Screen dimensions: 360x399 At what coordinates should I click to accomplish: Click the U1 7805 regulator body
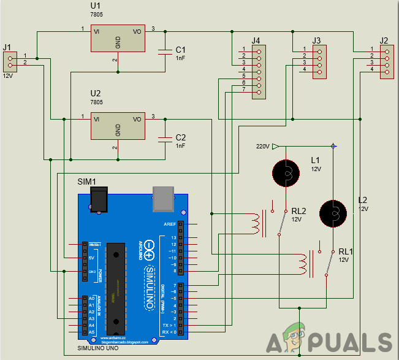[118, 38]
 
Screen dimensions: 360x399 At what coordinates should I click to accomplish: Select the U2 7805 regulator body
[118, 126]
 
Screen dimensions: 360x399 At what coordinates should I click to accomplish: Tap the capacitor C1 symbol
[164, 52]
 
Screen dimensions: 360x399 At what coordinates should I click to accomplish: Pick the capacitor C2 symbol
[164, 139]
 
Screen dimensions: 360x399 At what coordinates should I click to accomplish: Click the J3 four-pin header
[319, 62]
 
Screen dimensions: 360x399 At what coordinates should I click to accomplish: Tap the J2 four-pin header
[386, 62]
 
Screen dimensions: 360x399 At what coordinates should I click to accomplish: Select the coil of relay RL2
[253, 224]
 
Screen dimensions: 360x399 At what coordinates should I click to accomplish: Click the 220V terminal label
[262, 147]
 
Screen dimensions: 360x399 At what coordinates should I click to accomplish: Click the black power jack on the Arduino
[99, 199]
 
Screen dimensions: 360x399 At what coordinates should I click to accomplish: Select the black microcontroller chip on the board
[115, 285]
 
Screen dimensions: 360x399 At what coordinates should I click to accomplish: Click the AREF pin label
[170, 224]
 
